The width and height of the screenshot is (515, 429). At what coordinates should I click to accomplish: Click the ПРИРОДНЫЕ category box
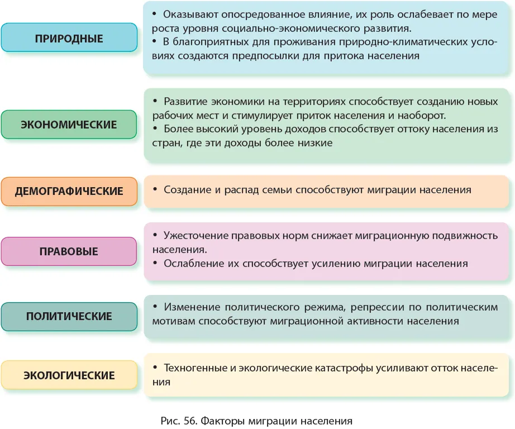(69, 37)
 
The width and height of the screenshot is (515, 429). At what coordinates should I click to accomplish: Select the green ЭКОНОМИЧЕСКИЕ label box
(69, 125)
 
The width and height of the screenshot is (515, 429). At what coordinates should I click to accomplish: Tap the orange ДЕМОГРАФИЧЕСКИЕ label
(69, 191)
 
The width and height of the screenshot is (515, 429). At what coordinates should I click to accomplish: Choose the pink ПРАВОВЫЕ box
(69, 251)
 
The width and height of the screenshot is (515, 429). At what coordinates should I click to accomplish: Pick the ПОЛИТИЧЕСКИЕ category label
(69, 316)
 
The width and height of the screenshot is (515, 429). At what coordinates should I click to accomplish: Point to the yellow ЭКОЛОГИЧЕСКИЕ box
(69, 375)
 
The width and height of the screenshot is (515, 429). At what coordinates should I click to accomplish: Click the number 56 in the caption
(190, 421)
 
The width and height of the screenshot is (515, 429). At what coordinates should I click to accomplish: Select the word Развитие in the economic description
(185, 102)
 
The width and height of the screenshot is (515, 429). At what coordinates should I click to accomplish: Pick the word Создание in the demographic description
(187, 190)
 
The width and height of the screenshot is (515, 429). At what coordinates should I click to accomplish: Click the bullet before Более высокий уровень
(155, 129)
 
